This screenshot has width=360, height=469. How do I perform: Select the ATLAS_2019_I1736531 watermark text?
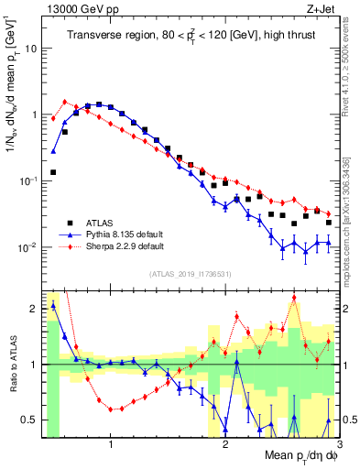point(190,274)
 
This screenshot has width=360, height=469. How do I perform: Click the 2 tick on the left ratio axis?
point(33,308)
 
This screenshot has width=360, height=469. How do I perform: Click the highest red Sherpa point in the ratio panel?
point(294,298)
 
